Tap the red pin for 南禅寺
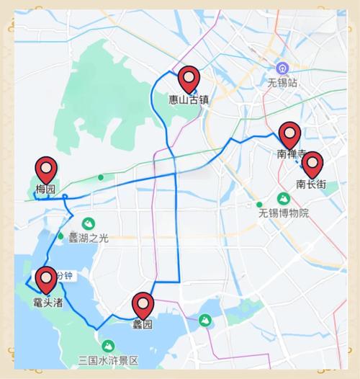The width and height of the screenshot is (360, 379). pyautogui.click(x=289, y=135)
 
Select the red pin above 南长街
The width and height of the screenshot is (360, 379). pyautogui.click(x=312, y=164)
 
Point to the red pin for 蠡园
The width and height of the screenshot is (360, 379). pyautogui.click(x=143, y=306)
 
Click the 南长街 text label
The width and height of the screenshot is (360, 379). pyautogui.click(x=312, y=184)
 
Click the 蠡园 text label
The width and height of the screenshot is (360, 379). pyautogui.click(x=143, y=325)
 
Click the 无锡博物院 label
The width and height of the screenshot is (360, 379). pyautogui.click(x=284, y=213)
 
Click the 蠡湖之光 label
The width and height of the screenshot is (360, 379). pyautogui.click(x=89, y=238)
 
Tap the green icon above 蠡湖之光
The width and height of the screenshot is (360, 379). pyautogui.click(x=89, y=223)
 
